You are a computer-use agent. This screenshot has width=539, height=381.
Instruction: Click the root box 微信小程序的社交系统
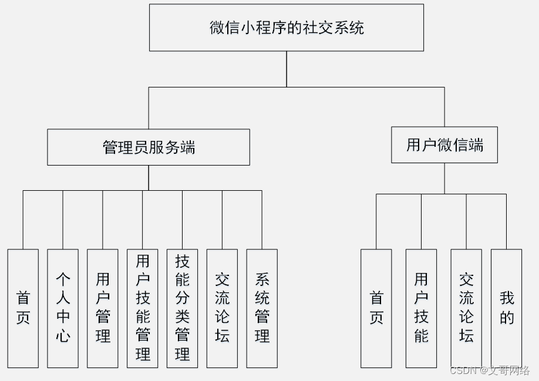[x=287, y=28]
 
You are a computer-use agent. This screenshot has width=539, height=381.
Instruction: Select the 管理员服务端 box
[x=149, y=147]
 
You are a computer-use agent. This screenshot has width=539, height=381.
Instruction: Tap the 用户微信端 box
[x=444, y=144]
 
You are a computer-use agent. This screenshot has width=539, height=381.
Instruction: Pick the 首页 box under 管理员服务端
[x=23, y=309]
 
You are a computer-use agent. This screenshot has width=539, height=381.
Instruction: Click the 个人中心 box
[x=63, y=309]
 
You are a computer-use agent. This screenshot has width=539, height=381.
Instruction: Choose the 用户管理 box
[x=103, y=309]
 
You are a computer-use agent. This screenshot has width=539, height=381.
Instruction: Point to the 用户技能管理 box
[x=143, y=309]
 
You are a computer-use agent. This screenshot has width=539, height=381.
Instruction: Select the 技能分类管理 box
[x=183, y=309]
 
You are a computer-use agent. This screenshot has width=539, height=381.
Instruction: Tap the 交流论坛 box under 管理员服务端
[x=222, y=309]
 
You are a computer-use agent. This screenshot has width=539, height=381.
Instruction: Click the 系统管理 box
[x=262, y=309]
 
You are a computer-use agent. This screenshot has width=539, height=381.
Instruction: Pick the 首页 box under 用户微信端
[x=376, y=309]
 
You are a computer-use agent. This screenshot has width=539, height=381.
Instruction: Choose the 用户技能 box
[x=422, y=309]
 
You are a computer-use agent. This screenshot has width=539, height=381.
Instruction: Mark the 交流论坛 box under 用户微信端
[x=466, y=309]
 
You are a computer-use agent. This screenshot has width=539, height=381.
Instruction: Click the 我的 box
[x=506, y=309]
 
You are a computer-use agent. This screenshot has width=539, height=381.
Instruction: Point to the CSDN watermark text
[x=490, y=370]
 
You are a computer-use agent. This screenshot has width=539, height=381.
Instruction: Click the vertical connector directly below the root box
[x=287, y=69]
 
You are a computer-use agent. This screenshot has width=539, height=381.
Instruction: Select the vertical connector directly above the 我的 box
[x=506, y=221]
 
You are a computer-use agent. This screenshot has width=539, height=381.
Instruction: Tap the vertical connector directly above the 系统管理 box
[x=262, y=220]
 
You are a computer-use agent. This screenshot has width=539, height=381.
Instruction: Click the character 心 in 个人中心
[x=63, y=335]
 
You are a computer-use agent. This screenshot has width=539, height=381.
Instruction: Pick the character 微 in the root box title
[x=217, y=28]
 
